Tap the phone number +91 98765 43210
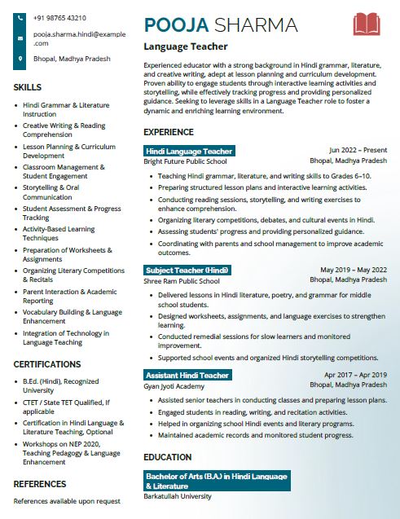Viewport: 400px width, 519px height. pos(59,18)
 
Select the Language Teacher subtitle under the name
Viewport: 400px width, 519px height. pos(186,47)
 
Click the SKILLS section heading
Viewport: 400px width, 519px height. pos(28,87)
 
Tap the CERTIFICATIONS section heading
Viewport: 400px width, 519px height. pos(46,364)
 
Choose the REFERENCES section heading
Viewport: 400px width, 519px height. pos(39,484)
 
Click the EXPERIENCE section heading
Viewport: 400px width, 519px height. pos(169,132)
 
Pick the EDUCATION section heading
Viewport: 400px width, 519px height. pos(168,457)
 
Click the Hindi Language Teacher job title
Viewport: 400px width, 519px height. pos(189,151)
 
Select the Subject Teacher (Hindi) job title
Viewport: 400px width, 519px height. pos(187,270)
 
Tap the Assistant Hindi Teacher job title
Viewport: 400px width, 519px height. pos(187,375)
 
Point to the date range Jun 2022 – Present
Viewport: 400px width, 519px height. pos(358,151)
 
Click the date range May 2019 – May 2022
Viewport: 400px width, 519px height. pos(354,270)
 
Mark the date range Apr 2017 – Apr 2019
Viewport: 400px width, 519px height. pos(355,375)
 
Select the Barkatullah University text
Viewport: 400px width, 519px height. pos(178,496)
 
